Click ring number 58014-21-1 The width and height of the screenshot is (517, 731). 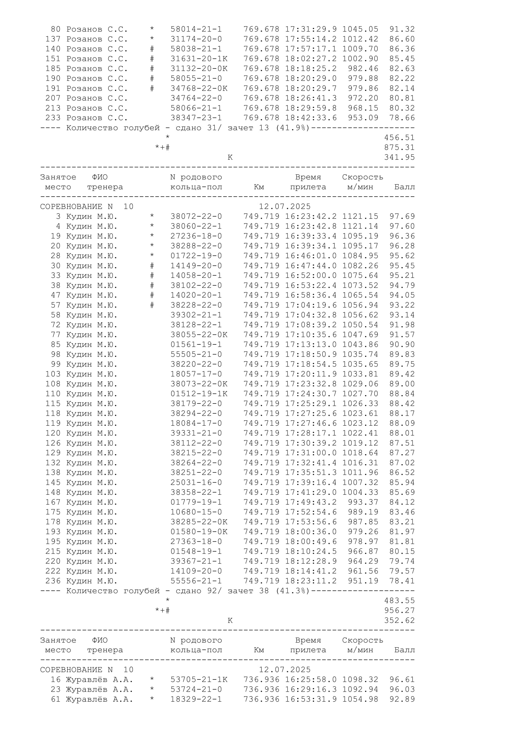coord(196,29)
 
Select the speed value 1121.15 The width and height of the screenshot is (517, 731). coord(360,217)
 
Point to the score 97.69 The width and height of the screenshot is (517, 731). coord(402,217)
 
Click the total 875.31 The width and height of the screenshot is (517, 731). coord(399,148)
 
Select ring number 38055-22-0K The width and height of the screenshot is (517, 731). coord(199,335)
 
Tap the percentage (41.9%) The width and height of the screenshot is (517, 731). coord(293,128)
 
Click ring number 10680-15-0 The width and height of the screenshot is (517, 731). coord(196,512)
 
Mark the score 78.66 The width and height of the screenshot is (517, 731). coord(402,118)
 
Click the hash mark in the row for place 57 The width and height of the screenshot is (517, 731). coord(152,305)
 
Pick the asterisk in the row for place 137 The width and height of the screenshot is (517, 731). coord(152,39)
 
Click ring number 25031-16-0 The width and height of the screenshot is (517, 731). coord(196,482)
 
